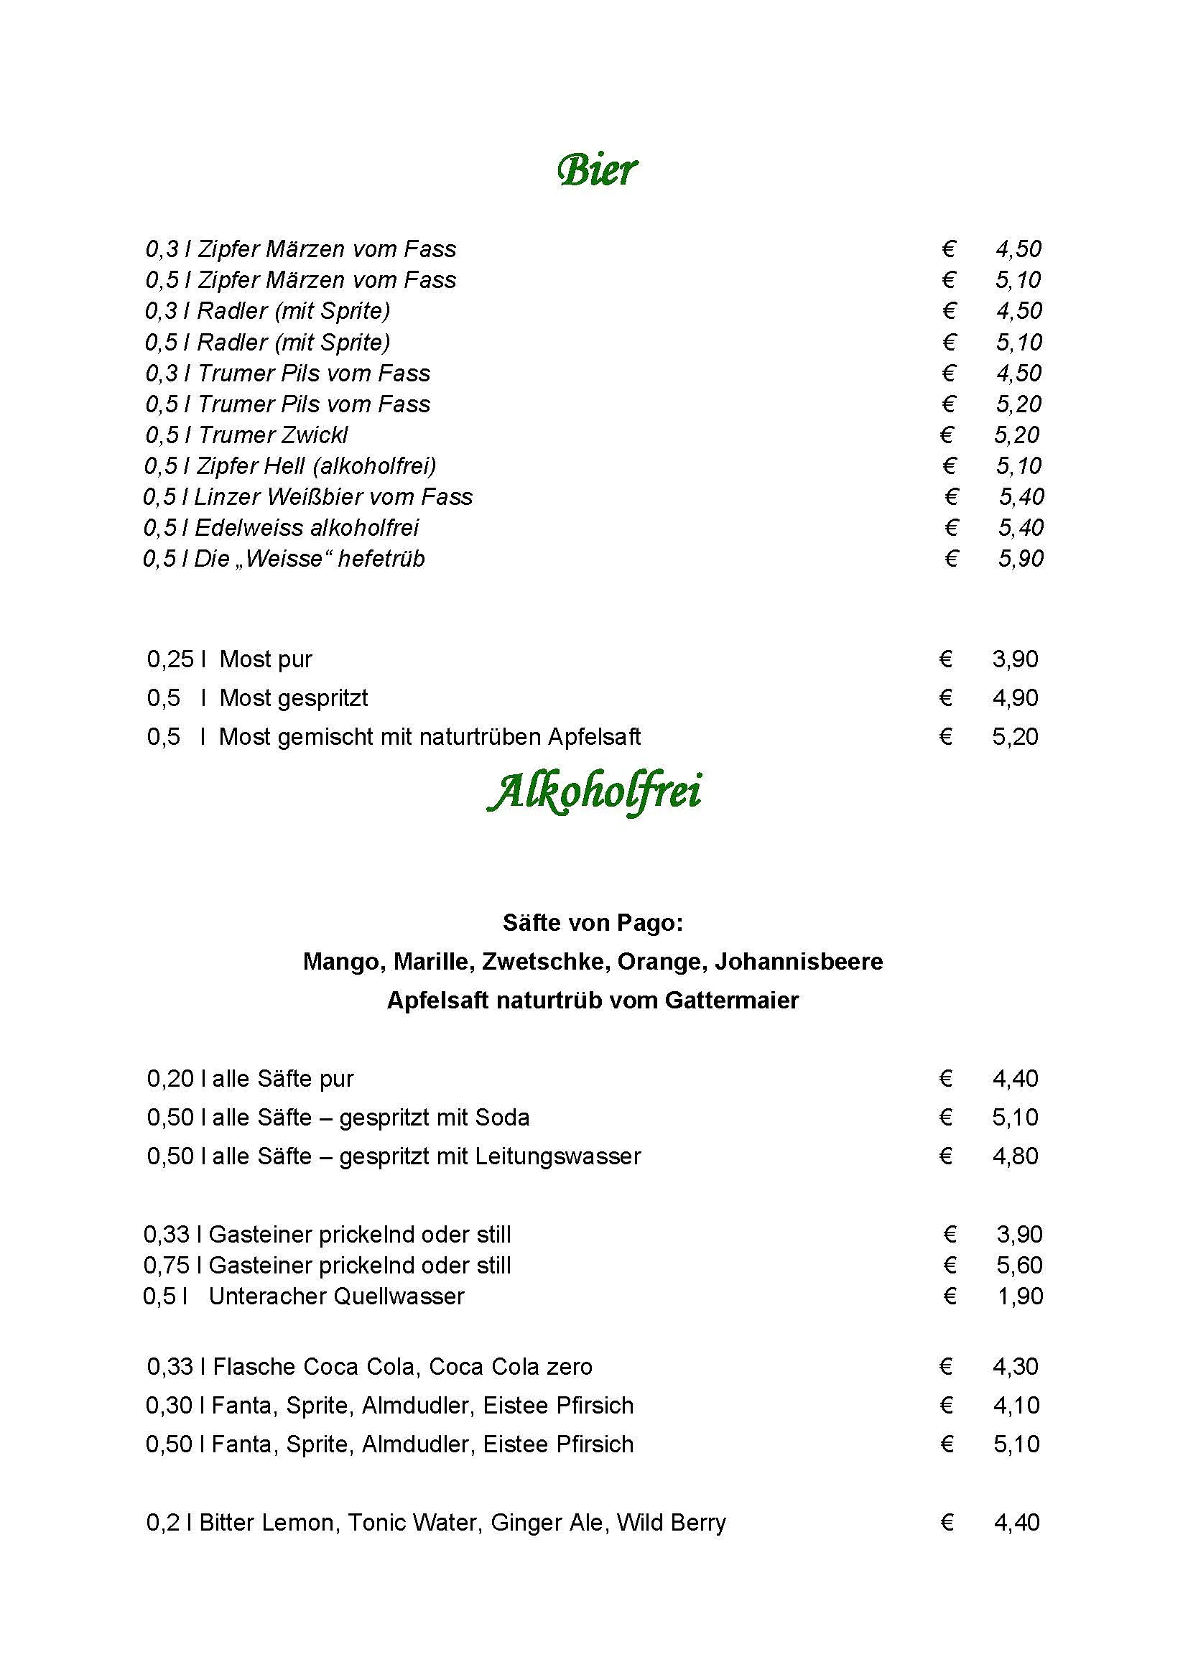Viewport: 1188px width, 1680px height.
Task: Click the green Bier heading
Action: click(596, 170)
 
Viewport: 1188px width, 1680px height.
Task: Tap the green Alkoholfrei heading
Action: click(594, 792)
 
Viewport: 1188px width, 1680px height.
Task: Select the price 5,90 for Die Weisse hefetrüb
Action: click(1021, 558)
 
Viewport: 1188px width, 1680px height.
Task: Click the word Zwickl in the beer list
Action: click(312, 435)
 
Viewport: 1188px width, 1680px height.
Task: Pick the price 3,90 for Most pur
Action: click(1015, 659)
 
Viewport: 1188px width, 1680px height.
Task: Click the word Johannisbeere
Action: click(799, 961)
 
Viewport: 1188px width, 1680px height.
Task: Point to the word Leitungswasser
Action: click(557, 1156)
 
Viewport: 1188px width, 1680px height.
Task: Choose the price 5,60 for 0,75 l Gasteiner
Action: click(1019, 1265)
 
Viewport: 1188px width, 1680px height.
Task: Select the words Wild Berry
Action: click(671, 1522)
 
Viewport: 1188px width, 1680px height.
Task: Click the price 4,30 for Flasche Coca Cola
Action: click(1016, 1366)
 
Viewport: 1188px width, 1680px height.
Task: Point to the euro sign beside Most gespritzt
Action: click(945, 697)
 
